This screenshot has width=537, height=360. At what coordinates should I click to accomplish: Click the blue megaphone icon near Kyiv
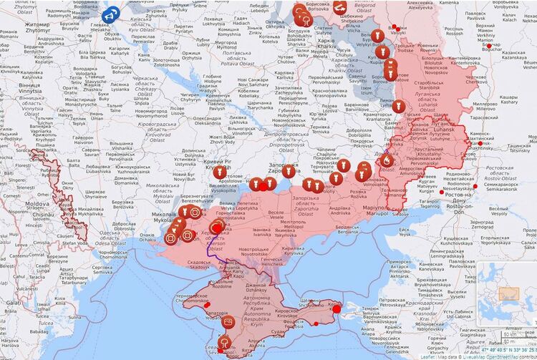click(111, 13)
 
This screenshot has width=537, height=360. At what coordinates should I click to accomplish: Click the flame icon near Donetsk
click(387, 162)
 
